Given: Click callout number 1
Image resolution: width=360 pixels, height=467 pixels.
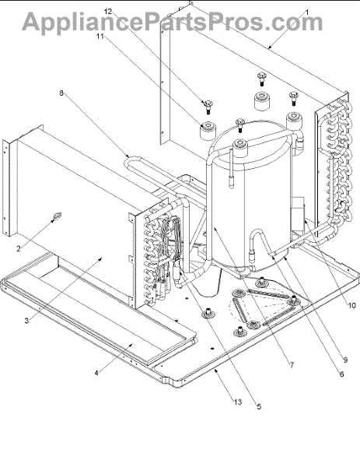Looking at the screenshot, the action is [307, 12].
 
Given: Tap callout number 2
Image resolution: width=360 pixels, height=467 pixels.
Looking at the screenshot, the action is [19, 248].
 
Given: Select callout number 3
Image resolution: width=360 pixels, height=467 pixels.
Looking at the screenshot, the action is [26, 321].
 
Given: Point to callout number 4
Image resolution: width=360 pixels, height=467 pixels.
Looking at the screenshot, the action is [96, 373].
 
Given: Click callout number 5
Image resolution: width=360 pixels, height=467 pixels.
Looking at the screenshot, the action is [259, 406].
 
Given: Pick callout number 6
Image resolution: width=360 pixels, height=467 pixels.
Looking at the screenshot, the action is [341, 374].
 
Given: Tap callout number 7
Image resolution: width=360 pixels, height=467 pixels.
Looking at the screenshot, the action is [292, 364].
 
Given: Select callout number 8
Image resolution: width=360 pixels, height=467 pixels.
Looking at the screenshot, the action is [61, 93].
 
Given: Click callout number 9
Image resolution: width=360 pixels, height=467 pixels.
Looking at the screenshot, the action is [345, 360].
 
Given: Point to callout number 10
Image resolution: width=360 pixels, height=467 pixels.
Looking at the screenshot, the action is [351, 305].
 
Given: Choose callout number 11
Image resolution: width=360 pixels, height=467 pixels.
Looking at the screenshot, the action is [100, 36].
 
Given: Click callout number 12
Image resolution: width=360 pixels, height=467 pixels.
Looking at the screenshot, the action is [108, 12].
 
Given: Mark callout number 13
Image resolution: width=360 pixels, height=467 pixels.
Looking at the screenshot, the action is [237, 402].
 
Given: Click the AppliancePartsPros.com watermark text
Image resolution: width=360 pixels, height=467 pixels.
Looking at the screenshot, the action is [173, 22].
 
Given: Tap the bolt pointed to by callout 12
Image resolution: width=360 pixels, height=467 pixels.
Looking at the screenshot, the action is [208, 107].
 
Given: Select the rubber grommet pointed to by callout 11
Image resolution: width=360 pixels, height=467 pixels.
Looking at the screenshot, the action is [208, 131].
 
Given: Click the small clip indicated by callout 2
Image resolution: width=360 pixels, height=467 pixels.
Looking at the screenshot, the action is [57, 216].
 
